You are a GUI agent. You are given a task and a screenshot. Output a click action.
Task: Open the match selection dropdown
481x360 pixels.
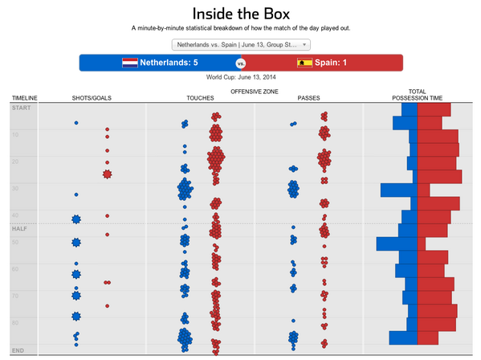[240, 45]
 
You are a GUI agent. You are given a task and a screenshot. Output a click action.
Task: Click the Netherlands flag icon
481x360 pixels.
[129, 63]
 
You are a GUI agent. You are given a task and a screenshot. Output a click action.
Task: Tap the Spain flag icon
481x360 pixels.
[304, 63]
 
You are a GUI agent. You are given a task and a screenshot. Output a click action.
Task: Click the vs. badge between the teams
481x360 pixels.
[240, 63]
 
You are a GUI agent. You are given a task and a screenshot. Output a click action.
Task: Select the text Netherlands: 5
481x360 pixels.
[169, 63]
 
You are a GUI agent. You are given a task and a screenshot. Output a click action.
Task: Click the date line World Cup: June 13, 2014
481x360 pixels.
[240, 78]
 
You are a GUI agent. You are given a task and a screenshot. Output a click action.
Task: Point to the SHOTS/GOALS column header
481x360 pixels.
[92, 98]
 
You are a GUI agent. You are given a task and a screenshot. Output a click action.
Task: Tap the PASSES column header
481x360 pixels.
[308, 98]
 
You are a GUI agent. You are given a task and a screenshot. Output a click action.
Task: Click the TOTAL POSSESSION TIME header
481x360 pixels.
[417, 95]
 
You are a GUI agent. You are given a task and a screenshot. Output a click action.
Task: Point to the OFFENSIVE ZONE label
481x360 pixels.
[253, 92]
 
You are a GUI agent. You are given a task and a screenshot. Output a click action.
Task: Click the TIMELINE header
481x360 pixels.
[24, 98]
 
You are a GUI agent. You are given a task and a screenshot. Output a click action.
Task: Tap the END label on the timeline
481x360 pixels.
[18, 350]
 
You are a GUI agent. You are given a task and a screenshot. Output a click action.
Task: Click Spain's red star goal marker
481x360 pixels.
[107, 174]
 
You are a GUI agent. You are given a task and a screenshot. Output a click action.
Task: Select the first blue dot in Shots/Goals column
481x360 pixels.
[76, 123]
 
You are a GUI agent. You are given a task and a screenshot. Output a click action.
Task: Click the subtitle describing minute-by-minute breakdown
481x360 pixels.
[240, 28]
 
